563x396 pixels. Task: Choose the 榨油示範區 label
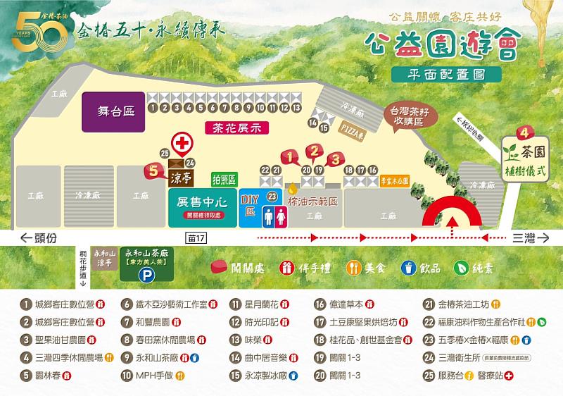314,201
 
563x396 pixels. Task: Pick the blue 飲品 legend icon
406,268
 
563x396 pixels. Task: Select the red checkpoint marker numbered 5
154,170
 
